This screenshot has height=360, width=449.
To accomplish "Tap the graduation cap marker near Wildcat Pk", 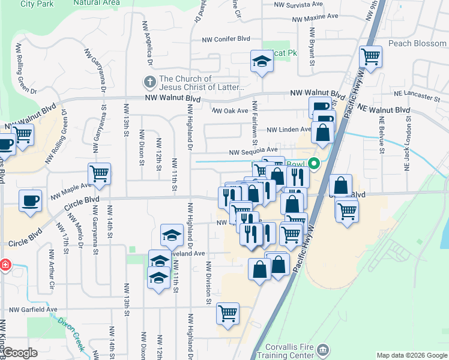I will click(x=261, y=61).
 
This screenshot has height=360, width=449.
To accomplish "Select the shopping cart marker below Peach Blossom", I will click(x=371, y=58).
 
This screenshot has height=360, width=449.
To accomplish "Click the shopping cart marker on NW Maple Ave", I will click(x=100, y=174).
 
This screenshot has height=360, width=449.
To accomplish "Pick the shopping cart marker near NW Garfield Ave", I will click(x=228, y=313).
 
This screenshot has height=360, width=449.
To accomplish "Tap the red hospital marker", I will click(x=4, y=264).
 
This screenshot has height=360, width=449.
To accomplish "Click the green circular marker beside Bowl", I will click(x=313, y=163).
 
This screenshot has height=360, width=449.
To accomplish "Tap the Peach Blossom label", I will click(x=417, y=44).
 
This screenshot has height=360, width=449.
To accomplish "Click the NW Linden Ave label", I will click(x=289, y=130).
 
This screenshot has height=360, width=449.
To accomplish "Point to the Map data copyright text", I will click(x=411, y=355).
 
